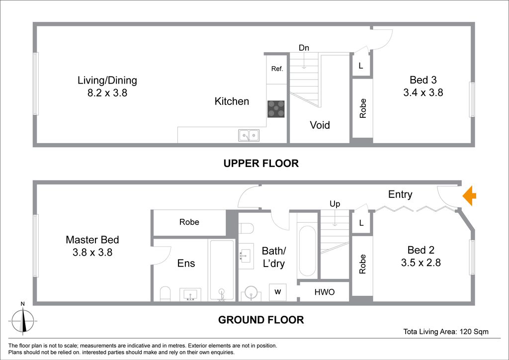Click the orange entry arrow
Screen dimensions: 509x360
click(x=469, y=196)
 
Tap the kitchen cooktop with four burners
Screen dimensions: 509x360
click(x=276, y=109)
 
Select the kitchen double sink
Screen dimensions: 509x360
click(x=249, y=135)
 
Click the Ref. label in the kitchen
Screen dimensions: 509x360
click(x=277, y=69)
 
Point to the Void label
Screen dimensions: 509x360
click(x=320, y=125)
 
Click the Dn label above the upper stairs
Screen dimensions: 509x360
click(x=304, y=48)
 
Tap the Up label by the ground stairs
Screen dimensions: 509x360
click(x=335, y=204)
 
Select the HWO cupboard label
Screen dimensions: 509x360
click(x=324, y=292)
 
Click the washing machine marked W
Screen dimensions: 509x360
click(x=277, y=292)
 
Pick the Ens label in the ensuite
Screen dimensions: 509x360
click(x=186, y=263)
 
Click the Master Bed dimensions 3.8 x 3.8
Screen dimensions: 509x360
click(x=92, y=252)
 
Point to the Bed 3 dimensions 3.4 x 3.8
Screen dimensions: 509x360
click(x=423, y=92)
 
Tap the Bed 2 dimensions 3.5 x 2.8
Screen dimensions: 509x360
click(x=421, y=262)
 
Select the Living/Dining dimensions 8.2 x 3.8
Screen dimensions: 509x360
click(x=107, y=93)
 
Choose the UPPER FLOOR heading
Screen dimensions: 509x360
click(x=261, y=163)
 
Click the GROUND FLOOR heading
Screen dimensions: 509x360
click(x=261, y=320)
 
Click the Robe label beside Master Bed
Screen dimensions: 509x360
click(x=189, y=222)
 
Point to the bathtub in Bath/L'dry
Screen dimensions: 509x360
click(x=307, y=251)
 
